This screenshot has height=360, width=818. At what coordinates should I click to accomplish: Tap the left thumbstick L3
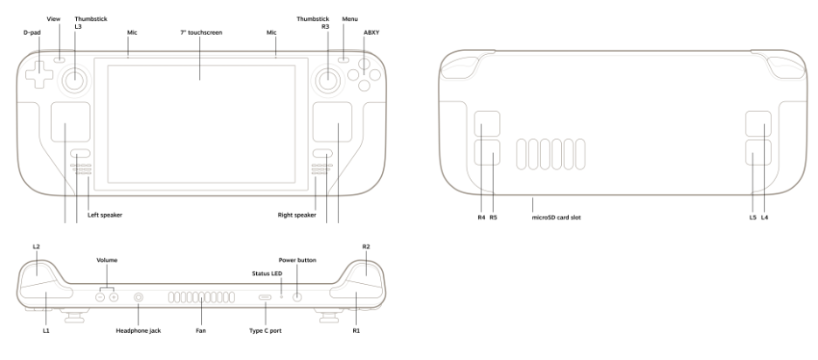pyautogui.click(x=73, y=80)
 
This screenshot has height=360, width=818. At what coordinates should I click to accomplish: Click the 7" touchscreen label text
pyautogui.click(x=200, y=31)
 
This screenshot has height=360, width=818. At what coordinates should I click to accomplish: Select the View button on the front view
pyautogui.click(x=58, y=60)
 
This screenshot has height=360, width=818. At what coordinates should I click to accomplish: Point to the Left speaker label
pyautogui.click(x=104, y=214)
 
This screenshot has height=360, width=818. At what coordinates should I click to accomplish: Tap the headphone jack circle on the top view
pyautogui.click(x=138, y=297)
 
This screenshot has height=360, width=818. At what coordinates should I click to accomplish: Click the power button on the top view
pyautogui.click(x=297, y=297)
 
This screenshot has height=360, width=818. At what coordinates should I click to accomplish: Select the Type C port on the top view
pyautogui.click(x=265, y=298)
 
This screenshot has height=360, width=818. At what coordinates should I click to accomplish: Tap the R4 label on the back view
pyautogui.click(x=481, y=217)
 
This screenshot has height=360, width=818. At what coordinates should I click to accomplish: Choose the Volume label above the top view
pyautogui.click(x=107, y=260)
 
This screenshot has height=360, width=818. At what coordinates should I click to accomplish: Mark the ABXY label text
pyautogui.click(x=371, y=31)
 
